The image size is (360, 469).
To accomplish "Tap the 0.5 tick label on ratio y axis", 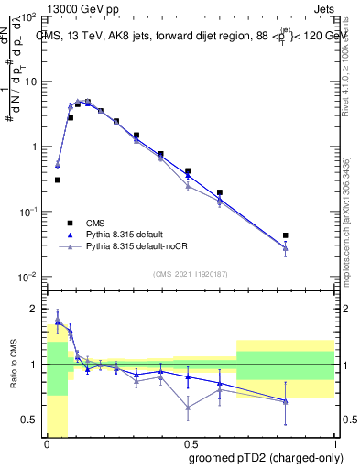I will (31, 420).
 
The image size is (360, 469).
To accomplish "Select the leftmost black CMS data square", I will (57, 180).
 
